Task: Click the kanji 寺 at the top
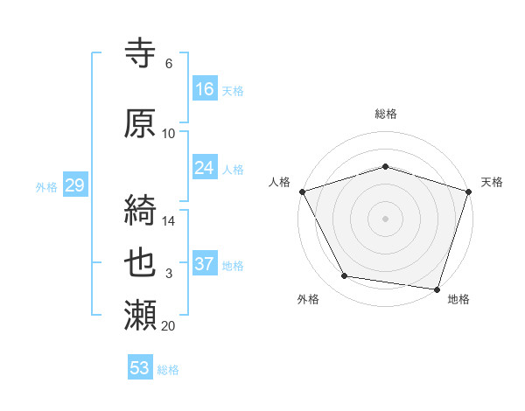(x=142, y=54)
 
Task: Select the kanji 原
(x=142, y=123)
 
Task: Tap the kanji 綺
(x=142, y=210)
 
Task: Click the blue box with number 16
(x=205, y=88)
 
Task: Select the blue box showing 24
(x=205, y=168)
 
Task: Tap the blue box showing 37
(x=205, y=263)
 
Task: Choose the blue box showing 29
(x=74, y=185)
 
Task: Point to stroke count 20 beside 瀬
(x=169, y=326)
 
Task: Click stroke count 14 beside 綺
(x=169, y=220)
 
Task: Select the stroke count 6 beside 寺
(x=168, y=64)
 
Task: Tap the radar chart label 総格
(x=386, y=114)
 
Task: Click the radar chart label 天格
(x=492, y=182)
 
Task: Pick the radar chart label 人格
(x=280, y=182)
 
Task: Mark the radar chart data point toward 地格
(x=437, y=289)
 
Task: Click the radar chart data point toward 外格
(x=345, y=276)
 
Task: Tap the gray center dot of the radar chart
(x=386, y=219)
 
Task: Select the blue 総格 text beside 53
(x=168, y=370)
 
